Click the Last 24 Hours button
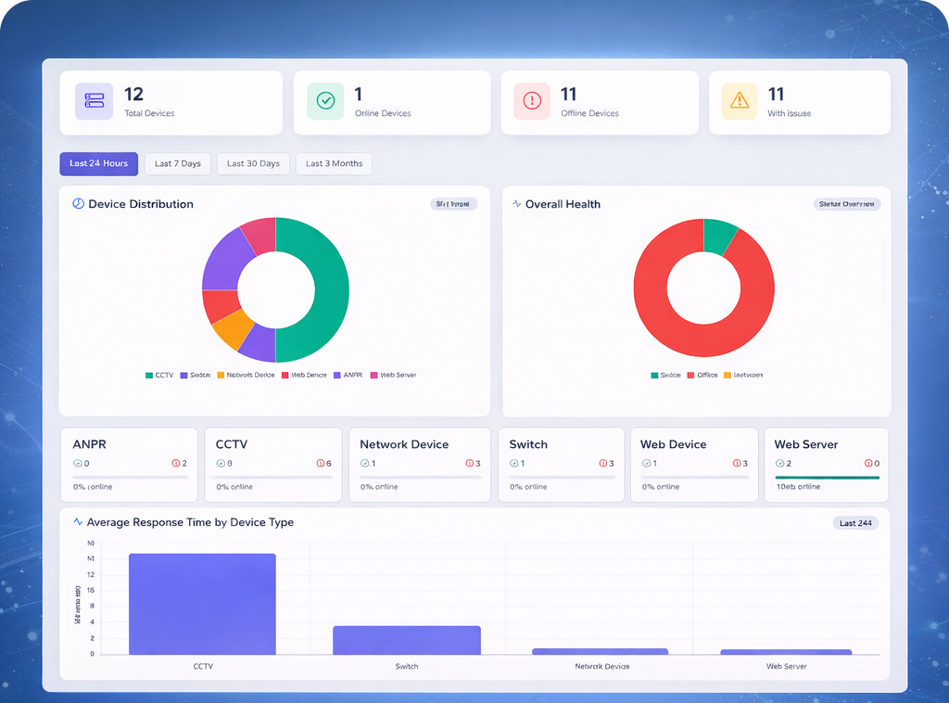coord(99,164)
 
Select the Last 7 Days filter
coord(178,164)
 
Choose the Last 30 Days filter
coord(253,164)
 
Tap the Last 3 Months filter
coord(334,164)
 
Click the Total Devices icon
coord(95,101)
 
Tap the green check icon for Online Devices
coord(325,101)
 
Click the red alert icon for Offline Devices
coord(532,101)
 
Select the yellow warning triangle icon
coord(740,101)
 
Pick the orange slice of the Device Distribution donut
coord(232,326)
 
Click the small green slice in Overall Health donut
coord(719,235)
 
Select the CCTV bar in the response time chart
coord(202,604)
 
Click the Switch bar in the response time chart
coord(407,640)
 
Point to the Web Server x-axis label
coord(786,667)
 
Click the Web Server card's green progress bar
coord(827,478)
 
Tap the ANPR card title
coord(89,444)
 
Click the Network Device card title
coord(404,444)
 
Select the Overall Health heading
coord(563,204)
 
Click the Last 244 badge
coord(854,523)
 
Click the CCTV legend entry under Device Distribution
coord(159,375)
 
